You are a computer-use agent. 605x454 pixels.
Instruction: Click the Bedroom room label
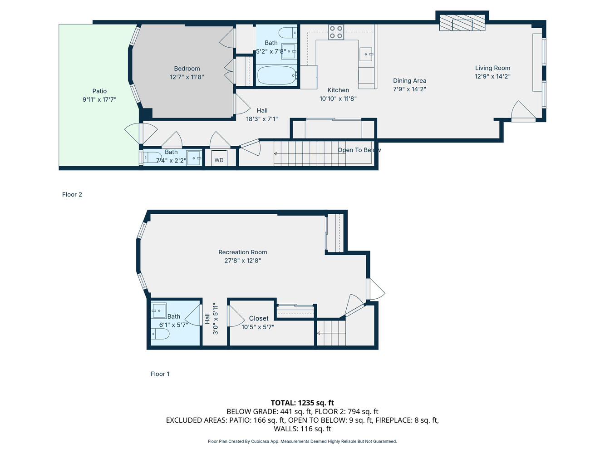187,69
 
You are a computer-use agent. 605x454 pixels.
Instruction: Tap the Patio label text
99,91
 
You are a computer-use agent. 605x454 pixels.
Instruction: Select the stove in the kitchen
336,32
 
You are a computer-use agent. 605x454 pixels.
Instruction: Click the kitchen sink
366,54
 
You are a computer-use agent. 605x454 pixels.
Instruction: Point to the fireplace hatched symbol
462,23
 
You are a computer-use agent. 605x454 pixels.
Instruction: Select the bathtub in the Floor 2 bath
277,75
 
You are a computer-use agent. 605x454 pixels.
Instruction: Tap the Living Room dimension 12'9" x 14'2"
492,76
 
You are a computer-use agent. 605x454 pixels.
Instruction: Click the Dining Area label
409,81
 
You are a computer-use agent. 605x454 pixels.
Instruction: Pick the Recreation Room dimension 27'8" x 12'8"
242,261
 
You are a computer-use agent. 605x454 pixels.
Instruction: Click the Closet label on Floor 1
259,318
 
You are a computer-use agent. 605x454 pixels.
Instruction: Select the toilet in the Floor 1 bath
160,334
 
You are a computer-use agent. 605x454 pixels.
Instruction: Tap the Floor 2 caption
72,194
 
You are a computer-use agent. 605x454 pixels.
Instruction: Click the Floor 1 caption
160,374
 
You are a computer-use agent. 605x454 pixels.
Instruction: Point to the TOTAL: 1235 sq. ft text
302,403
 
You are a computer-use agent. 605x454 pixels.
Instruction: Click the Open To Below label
359,150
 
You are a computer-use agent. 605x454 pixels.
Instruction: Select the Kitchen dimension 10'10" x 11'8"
338,99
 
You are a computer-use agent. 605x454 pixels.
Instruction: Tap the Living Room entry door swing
523,111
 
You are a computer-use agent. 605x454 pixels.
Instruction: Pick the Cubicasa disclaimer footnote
302,441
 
